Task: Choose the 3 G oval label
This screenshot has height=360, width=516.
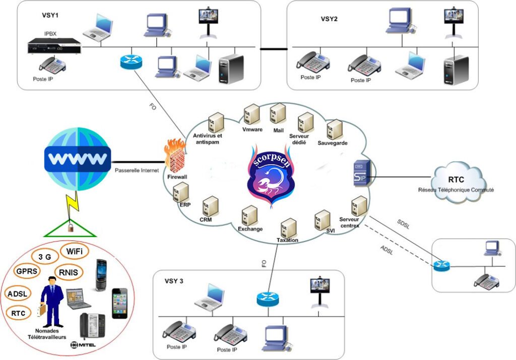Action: (45, 257)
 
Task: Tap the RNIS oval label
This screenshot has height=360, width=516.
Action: (68, 273)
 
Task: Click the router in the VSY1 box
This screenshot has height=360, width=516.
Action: (132, 62)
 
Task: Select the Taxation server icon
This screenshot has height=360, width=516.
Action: (288, 227)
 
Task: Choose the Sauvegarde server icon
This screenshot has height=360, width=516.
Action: (334, 130)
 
